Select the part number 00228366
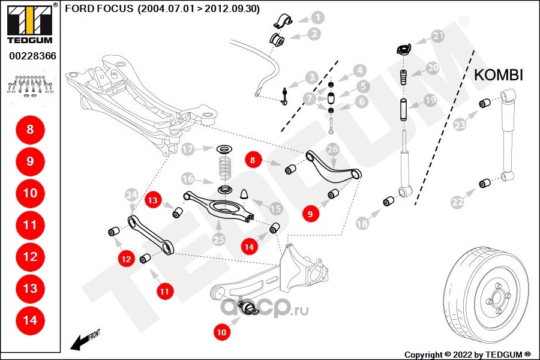click(32, 56)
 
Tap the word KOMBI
click(499, 75)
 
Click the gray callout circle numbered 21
click(439, 37)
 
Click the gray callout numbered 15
click(275, 208)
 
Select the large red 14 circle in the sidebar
click(30, 320)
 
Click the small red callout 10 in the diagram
click(222, 331)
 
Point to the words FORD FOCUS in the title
click(99, 10)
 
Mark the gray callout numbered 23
click(460, 125)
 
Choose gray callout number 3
click(311, 77)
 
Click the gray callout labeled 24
click(131, 194)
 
